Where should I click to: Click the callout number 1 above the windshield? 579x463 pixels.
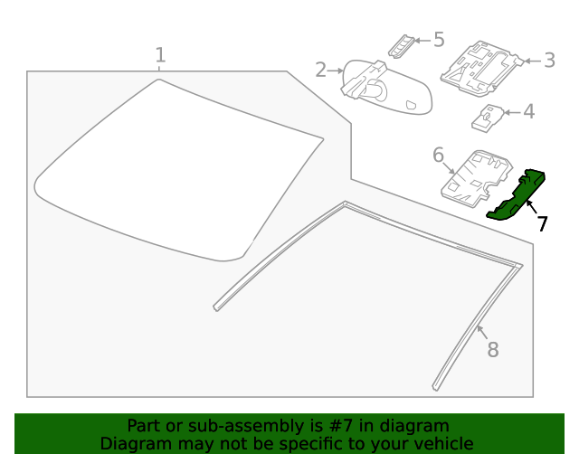(x=160, y=55)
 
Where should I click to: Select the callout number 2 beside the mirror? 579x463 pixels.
(x=320, y=70)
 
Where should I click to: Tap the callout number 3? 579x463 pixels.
(x=549, y=61)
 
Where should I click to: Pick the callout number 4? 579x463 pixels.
(x=529, y=112)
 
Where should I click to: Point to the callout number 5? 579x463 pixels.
(x=439, y=40)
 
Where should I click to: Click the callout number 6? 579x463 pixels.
(x=438, y=155)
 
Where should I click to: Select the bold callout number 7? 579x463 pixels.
(x=542, y=223)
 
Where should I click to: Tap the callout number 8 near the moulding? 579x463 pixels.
(x=493, y=350)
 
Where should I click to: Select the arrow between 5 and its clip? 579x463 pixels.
(x=422, y=41)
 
